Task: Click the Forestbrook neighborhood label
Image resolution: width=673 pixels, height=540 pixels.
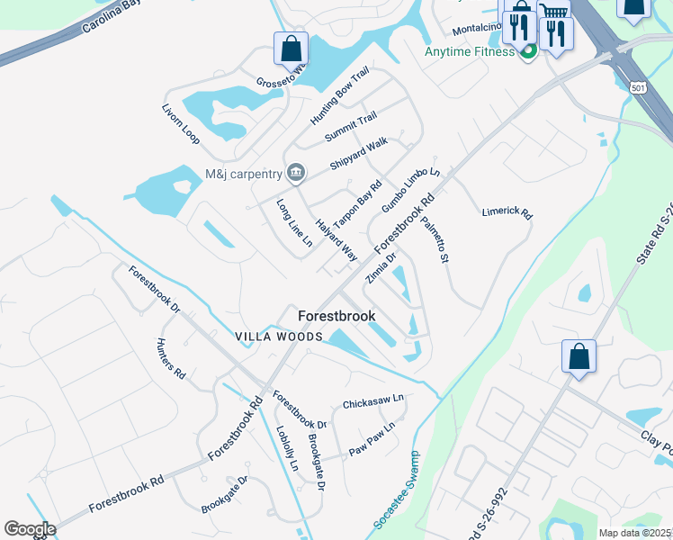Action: point(336,317)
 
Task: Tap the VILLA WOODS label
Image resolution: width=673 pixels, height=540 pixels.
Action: point(279,337)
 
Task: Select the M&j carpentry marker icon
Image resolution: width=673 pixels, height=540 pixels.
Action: point(296,173)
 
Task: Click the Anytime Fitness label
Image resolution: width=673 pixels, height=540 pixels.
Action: point(471,51)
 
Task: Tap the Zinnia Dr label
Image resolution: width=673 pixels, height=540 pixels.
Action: point(381,267)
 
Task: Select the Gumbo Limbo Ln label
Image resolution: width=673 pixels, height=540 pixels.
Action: point(410,190)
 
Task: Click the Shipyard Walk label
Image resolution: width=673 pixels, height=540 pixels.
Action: point(358,153)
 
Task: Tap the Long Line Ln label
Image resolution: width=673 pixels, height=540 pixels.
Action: point(294,223)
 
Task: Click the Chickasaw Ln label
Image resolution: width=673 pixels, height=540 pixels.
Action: point(373,400)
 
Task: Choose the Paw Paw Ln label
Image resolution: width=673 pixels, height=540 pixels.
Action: point(372,439)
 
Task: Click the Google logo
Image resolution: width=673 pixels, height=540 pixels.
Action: point(30,529)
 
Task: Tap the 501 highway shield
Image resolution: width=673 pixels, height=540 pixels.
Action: point(637,87)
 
